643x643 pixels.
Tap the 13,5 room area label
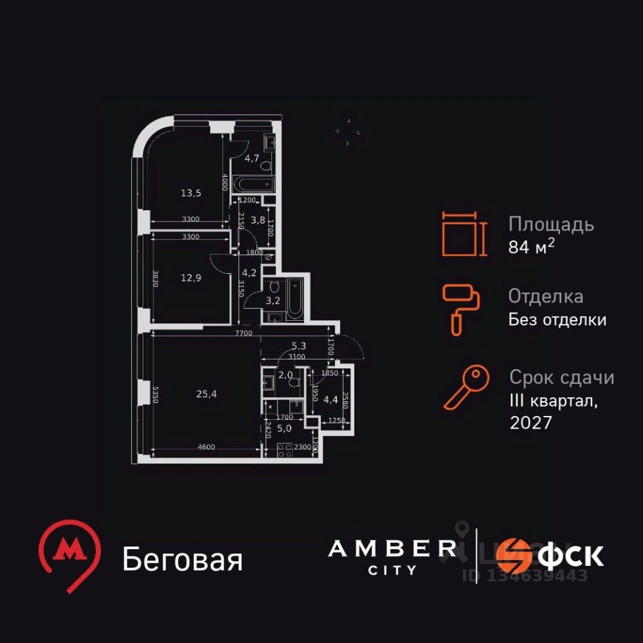tap(191, 193)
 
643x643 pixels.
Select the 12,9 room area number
tap(191, 278)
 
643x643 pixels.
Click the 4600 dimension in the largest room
tap(206, 447)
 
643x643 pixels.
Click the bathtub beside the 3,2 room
tap(295, 298)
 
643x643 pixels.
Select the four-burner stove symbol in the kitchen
tap(285, 450)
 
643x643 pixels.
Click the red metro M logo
tap(69, 553)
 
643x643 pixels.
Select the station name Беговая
tap(182, 560)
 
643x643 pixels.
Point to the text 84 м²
tap(532, 247)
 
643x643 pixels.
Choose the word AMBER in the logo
tap(392, 549)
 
